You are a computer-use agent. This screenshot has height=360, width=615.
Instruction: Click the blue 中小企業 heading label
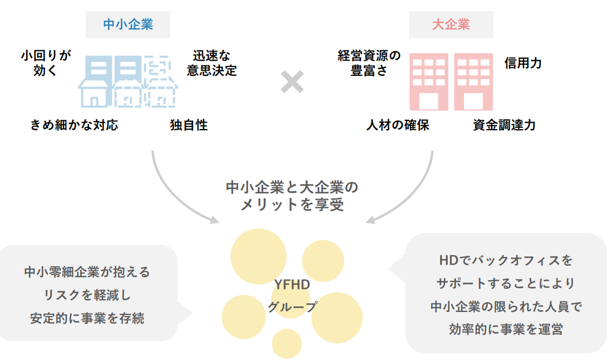point(128,24)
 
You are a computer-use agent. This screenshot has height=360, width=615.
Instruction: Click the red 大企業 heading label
point(451,24)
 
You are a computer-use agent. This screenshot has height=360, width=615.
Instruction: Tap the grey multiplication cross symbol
point(292,82)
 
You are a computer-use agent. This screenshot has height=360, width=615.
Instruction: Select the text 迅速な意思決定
point(212,63)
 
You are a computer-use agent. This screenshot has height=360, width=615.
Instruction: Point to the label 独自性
point(189,125)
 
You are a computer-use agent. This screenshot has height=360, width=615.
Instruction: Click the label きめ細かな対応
point(74,125)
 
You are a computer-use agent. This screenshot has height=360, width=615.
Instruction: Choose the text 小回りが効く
point(46,63)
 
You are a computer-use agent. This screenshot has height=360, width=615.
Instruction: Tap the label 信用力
point(523,63)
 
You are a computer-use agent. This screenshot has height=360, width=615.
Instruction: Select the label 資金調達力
point(504,125)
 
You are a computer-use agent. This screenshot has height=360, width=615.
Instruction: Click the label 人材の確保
point(397,125)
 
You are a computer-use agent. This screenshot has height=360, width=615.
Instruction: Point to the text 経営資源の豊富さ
point(369,63)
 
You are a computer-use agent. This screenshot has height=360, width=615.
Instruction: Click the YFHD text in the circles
point(292,285)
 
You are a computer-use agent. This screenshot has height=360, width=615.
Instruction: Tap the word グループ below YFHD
point(292,307)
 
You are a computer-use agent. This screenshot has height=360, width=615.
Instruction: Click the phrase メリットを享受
point(292,204)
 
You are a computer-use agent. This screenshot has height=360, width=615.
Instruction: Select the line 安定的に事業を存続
point(87,318)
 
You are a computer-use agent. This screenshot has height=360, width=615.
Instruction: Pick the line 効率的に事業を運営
point(506,329)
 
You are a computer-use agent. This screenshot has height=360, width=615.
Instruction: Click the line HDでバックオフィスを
point(506,260)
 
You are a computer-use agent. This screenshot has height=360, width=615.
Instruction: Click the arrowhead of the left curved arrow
point(214,220)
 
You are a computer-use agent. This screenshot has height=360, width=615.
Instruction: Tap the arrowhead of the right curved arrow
point(371,220)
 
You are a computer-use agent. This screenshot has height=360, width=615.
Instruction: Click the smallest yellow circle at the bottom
point(287,344)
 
